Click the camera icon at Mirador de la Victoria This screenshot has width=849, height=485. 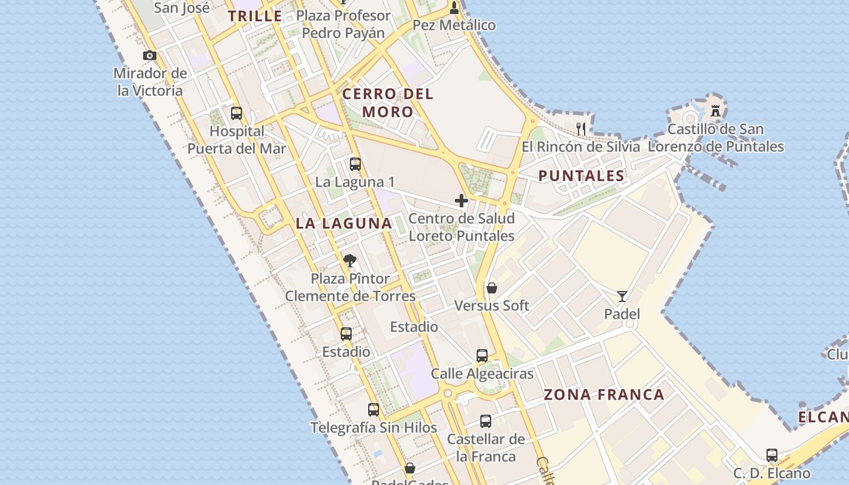150,56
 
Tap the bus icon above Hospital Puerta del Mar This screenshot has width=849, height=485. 237,113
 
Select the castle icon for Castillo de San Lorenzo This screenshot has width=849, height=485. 716,111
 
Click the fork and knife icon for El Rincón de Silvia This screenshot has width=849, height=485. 581,129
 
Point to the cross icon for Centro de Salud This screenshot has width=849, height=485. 461,200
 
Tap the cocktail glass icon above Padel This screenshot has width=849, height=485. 622,296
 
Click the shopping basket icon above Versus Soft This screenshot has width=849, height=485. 492,288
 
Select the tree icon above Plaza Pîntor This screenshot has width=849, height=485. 349,261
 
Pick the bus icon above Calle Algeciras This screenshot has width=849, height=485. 482,356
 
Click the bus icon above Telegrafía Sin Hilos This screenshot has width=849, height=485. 374,410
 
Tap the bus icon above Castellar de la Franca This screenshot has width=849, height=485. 486,421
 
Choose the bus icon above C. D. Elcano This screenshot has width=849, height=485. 772,455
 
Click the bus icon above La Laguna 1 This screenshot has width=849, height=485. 355,164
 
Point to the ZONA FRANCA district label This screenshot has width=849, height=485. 604,395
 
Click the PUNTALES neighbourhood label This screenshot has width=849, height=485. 582,176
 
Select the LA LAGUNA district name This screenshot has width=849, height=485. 344,224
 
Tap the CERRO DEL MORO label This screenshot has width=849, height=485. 388,103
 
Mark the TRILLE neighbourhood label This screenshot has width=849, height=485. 255,16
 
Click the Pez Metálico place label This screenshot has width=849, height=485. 454,25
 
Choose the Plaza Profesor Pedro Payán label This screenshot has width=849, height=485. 343,24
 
